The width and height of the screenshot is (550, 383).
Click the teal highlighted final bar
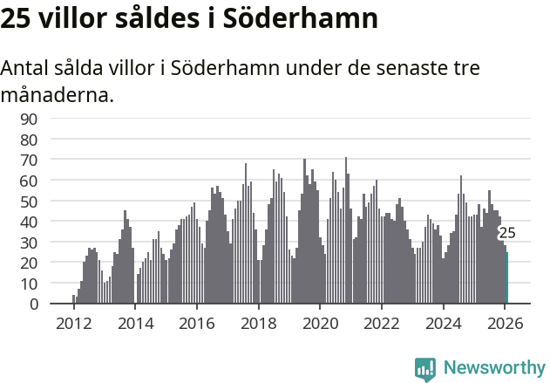click(506, 278)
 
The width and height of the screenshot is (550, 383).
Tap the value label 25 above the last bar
click(506, 233)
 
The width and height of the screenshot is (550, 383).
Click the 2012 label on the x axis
click(74, 323)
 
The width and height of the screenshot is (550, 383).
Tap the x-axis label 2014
click(135, 323)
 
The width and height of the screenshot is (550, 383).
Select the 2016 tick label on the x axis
click(197, 323)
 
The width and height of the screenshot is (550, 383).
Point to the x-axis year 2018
click(259, 323)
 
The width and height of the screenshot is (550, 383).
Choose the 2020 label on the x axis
click(320, 323)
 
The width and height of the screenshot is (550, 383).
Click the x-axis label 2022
click(382, 323)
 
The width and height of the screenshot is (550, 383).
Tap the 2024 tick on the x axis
click(443, 323)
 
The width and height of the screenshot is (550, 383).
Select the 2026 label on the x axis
click(505, 323)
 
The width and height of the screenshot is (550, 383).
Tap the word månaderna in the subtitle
click(58, 94)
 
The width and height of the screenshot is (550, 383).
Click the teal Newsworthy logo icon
click(425, 369)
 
